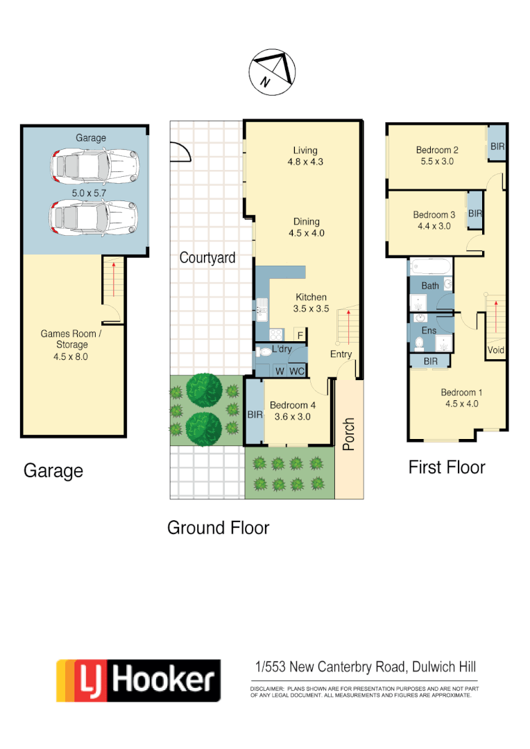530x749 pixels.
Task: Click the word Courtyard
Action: click(207, 258)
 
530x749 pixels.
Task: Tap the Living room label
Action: click(305, 150)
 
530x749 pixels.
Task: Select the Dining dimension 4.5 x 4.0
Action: click(307, 234)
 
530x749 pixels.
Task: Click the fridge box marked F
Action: click(300, 334)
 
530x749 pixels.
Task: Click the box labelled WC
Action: click(297, 371)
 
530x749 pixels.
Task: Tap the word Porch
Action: click(349, 433)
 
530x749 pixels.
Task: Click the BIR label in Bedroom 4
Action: click(255, 415)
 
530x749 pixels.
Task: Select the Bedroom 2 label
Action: click(437, 150)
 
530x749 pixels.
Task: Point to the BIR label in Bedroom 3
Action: click(475, 214)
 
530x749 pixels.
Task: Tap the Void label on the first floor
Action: click(496, 350)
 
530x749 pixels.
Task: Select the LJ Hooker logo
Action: click(139, 680)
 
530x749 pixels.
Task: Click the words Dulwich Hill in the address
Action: click(443, 667)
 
